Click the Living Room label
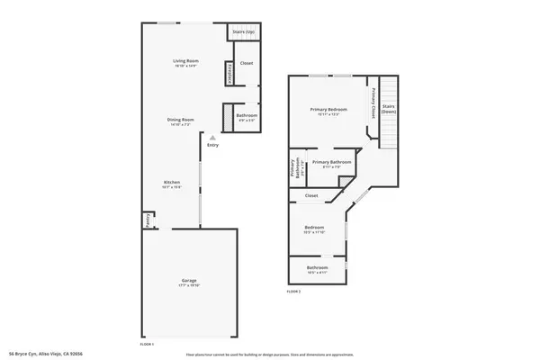coord(185,61)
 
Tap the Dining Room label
coord(183,120)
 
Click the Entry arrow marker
coord(212,138)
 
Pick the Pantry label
coord(148,217)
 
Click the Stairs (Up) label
coord(243,31)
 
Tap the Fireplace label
coord(230,72)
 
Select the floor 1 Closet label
coord(247,63)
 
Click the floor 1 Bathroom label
coord(247,115)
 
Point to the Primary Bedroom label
coord(328,110)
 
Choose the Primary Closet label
coord(371,103)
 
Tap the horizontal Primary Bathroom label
coord(331,162)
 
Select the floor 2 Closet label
coord(311,195)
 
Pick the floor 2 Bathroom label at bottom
coord(317,267)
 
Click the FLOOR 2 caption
coord(293,292)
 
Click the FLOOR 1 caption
coord(148,344)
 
